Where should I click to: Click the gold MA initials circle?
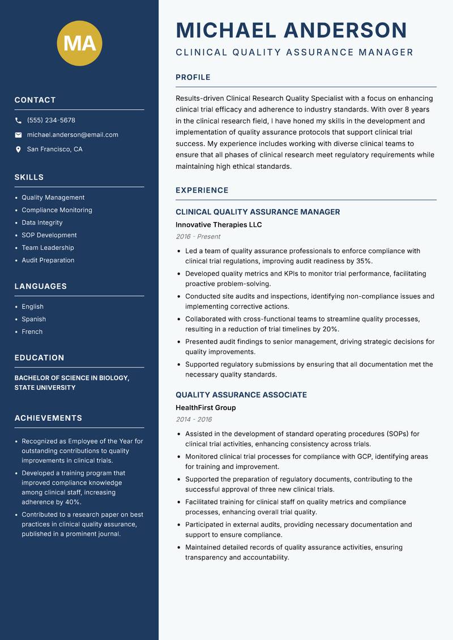click(80, 42)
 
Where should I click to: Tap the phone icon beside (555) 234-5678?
click(18, 121)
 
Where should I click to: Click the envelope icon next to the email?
click(18, 135)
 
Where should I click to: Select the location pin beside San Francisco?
click(18, 150)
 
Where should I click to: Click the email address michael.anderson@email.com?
click(72, 135)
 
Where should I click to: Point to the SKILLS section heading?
click(29, 177)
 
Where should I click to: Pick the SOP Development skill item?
click(49, 235)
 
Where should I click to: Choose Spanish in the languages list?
click(34, 319)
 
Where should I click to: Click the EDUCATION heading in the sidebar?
click(39, 358)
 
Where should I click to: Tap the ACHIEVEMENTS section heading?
click(48, 418)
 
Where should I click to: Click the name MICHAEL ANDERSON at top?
click(292, 30)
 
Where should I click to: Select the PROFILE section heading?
click(193, 78)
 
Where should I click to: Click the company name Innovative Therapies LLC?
click(219, 225)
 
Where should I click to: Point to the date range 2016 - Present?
click(198, 237)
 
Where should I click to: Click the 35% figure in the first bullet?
click(363, 261)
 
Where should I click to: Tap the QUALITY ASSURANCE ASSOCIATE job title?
click(241, 395)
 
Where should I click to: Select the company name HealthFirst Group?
click(206, 408)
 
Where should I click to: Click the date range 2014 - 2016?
click(194, 420)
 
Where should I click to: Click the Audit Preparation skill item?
click(48, 261)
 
